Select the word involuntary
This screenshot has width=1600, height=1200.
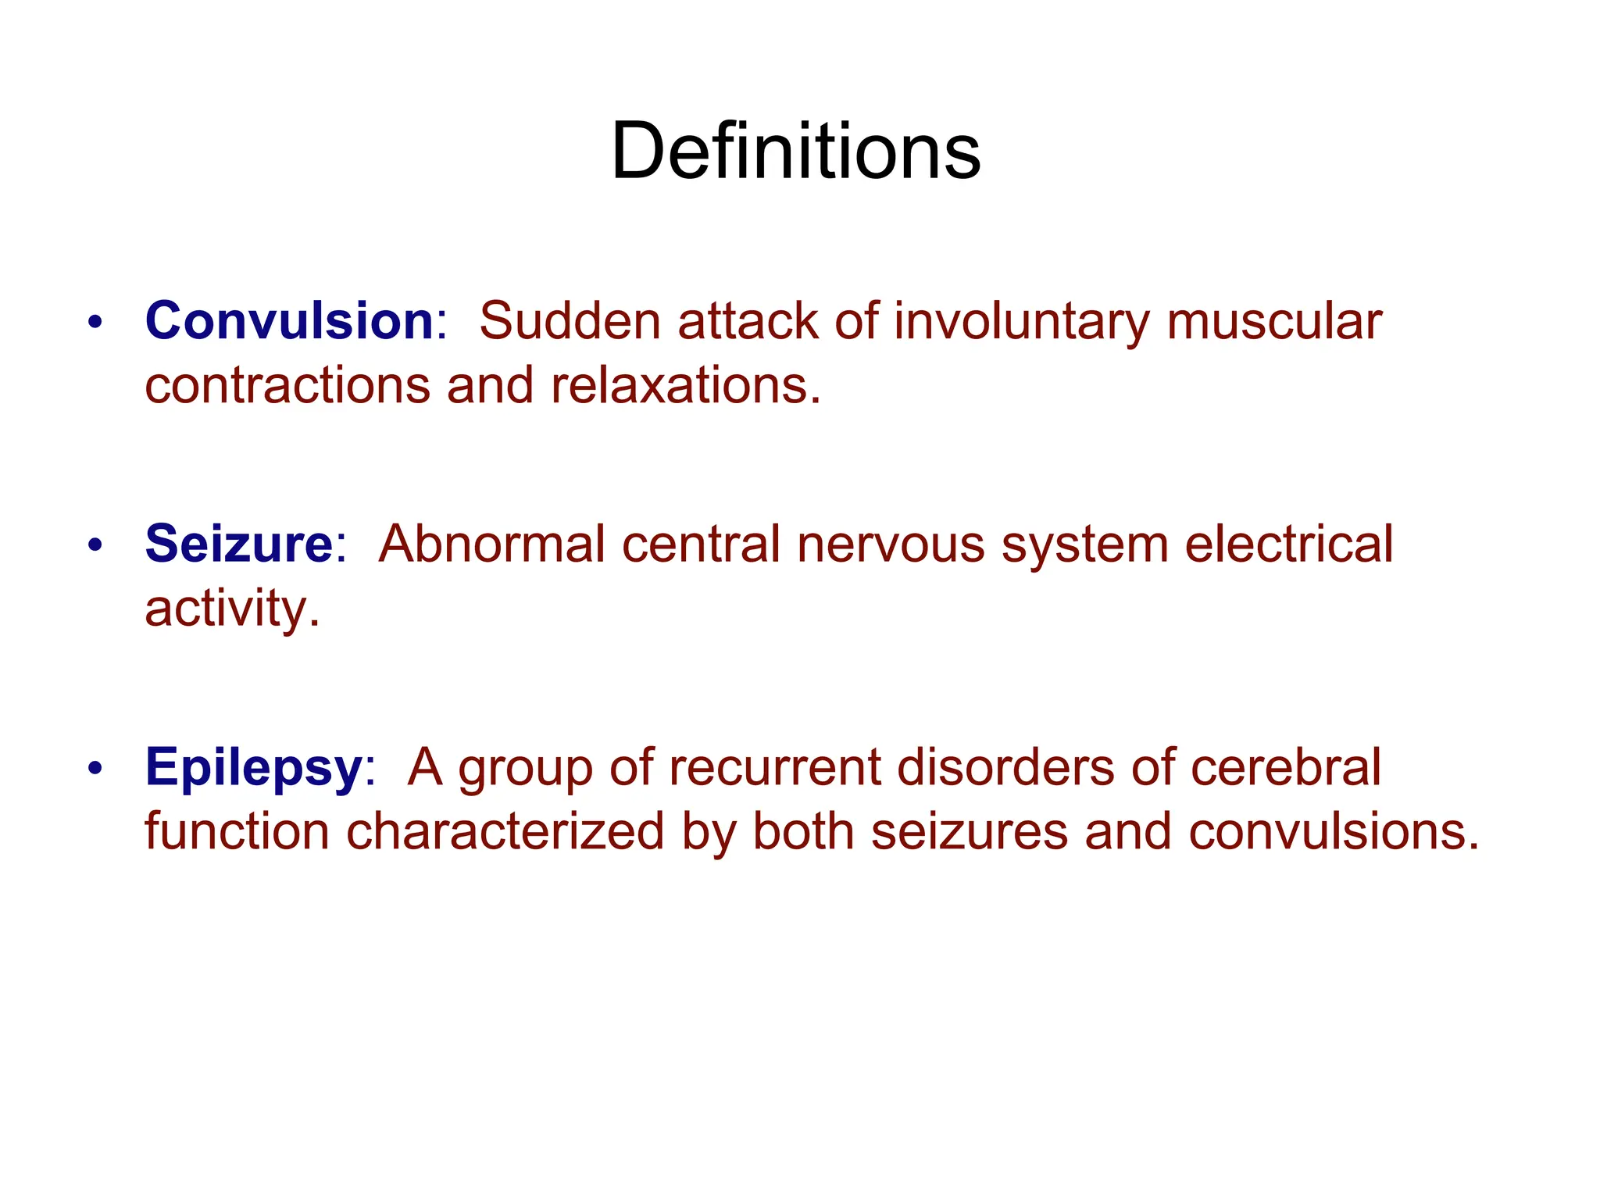click(1020, 322)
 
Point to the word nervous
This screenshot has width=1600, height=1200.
click(891, 545)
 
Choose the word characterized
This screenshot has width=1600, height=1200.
click(505, 831)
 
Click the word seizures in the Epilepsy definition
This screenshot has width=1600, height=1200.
click(969, 831)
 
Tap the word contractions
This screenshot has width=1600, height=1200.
click(287, 385)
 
